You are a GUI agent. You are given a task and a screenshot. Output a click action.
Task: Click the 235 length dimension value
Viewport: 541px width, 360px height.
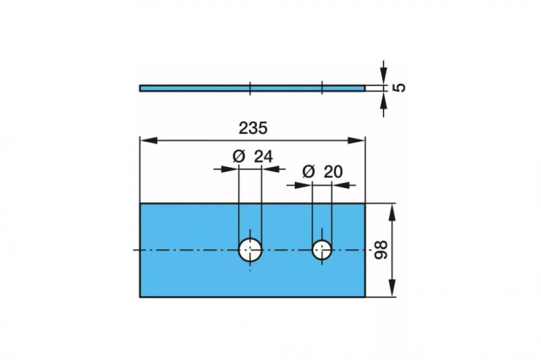253,127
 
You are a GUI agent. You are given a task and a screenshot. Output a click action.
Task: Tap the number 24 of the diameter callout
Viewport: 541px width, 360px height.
263,156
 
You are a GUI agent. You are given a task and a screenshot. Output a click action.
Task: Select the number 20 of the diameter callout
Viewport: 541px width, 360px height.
333,171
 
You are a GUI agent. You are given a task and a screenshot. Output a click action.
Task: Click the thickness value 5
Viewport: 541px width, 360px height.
399,87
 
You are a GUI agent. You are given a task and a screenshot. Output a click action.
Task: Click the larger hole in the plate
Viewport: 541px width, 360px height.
250,250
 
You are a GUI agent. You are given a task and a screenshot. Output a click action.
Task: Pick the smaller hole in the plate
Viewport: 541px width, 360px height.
322,250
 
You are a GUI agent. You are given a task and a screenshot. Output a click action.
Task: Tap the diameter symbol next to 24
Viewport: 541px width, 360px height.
239,156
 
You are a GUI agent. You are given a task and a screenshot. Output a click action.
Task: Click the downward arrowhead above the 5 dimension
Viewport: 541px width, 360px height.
383,78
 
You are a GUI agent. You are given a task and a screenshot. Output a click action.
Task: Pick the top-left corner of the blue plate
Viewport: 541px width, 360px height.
140,204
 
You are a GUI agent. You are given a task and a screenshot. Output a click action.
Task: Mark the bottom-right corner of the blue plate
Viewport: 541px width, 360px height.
365,296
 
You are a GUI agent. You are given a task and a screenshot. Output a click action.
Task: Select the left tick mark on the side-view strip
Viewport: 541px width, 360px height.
250,88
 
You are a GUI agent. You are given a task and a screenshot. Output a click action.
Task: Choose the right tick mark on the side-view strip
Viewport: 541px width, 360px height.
322,88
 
